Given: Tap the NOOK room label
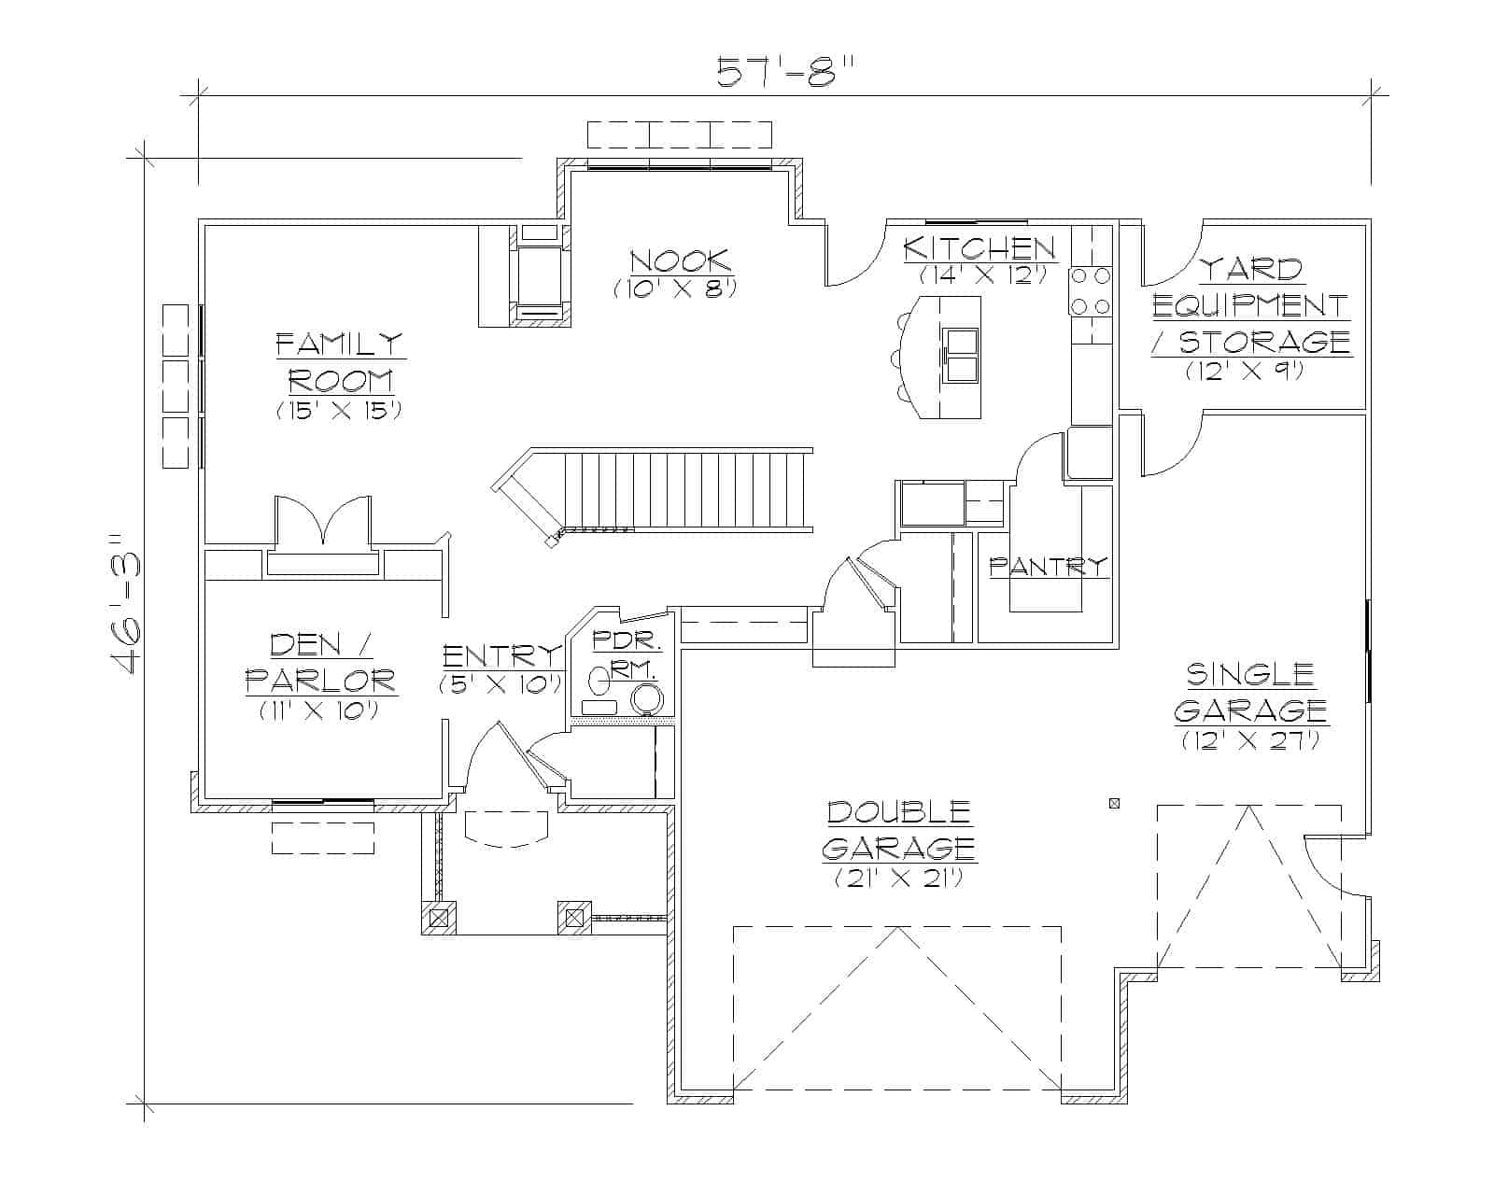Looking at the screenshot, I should click(679, 260).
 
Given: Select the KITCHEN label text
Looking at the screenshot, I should click(980, 248).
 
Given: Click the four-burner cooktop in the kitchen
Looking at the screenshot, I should click(1091, 290).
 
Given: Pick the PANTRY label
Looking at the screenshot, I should click(1048, 566).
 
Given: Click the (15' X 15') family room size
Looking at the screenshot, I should click(339, 411).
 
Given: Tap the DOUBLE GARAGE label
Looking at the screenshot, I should click(900, 829).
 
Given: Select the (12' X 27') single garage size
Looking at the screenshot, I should click(1250, 741).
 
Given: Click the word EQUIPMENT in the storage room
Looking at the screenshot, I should click(1250, 305).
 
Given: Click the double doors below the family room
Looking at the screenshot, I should click(323, 522).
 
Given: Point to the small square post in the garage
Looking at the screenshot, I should click(1113, 803).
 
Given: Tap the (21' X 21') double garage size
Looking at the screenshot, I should click(898, 879).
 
